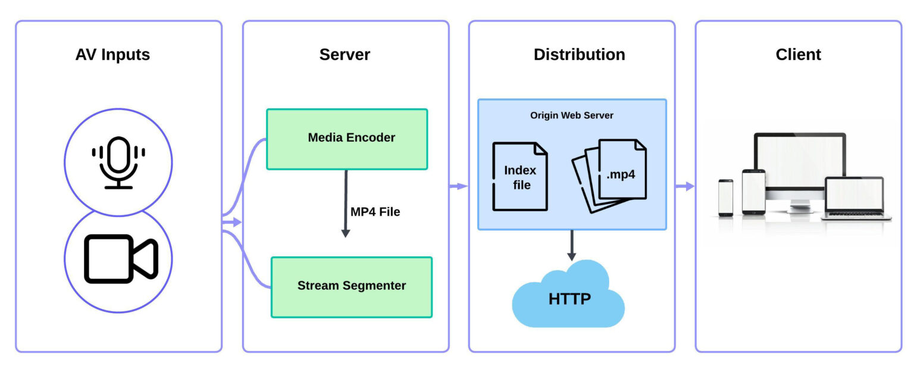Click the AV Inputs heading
pos(112,55)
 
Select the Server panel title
pos(345,55)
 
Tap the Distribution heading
pos(579,55)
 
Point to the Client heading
pos(798,55)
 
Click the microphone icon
pos(118,162)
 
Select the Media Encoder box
pos(347,139)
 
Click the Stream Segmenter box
pos(351,286)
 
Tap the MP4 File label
pos(375,212)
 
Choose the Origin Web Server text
pos(571,115)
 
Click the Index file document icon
pos(519,177)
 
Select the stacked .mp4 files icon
pos(610,175)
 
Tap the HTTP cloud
pos(568,297)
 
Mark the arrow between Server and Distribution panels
pos(458,186)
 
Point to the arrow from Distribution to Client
pos(685,186)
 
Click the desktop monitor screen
pos(799,161)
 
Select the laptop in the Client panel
pos(854,198)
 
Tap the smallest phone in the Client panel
pos(725,198)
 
